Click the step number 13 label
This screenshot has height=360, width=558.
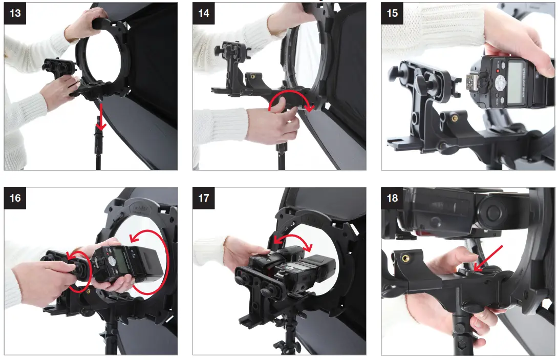(15, 13)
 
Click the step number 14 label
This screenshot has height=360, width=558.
(204, 13)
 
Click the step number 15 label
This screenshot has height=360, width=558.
(392, 13)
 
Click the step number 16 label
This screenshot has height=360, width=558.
(15, 197)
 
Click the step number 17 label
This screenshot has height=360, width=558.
(204, 197)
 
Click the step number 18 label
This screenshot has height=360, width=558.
(392, 197)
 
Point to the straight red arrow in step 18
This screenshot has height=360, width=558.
(488, 259)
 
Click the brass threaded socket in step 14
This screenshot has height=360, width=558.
(252, 77)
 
